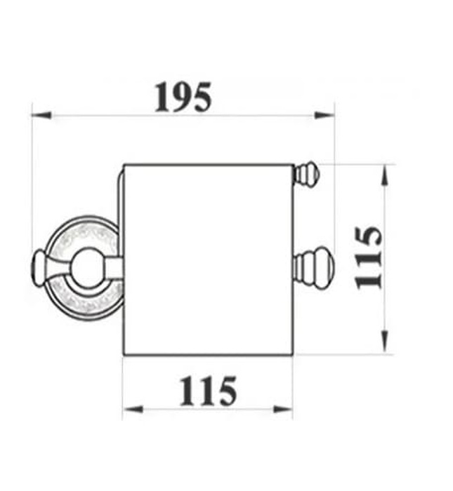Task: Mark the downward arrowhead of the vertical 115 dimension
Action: point(383,344)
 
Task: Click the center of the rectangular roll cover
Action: point(207,260)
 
